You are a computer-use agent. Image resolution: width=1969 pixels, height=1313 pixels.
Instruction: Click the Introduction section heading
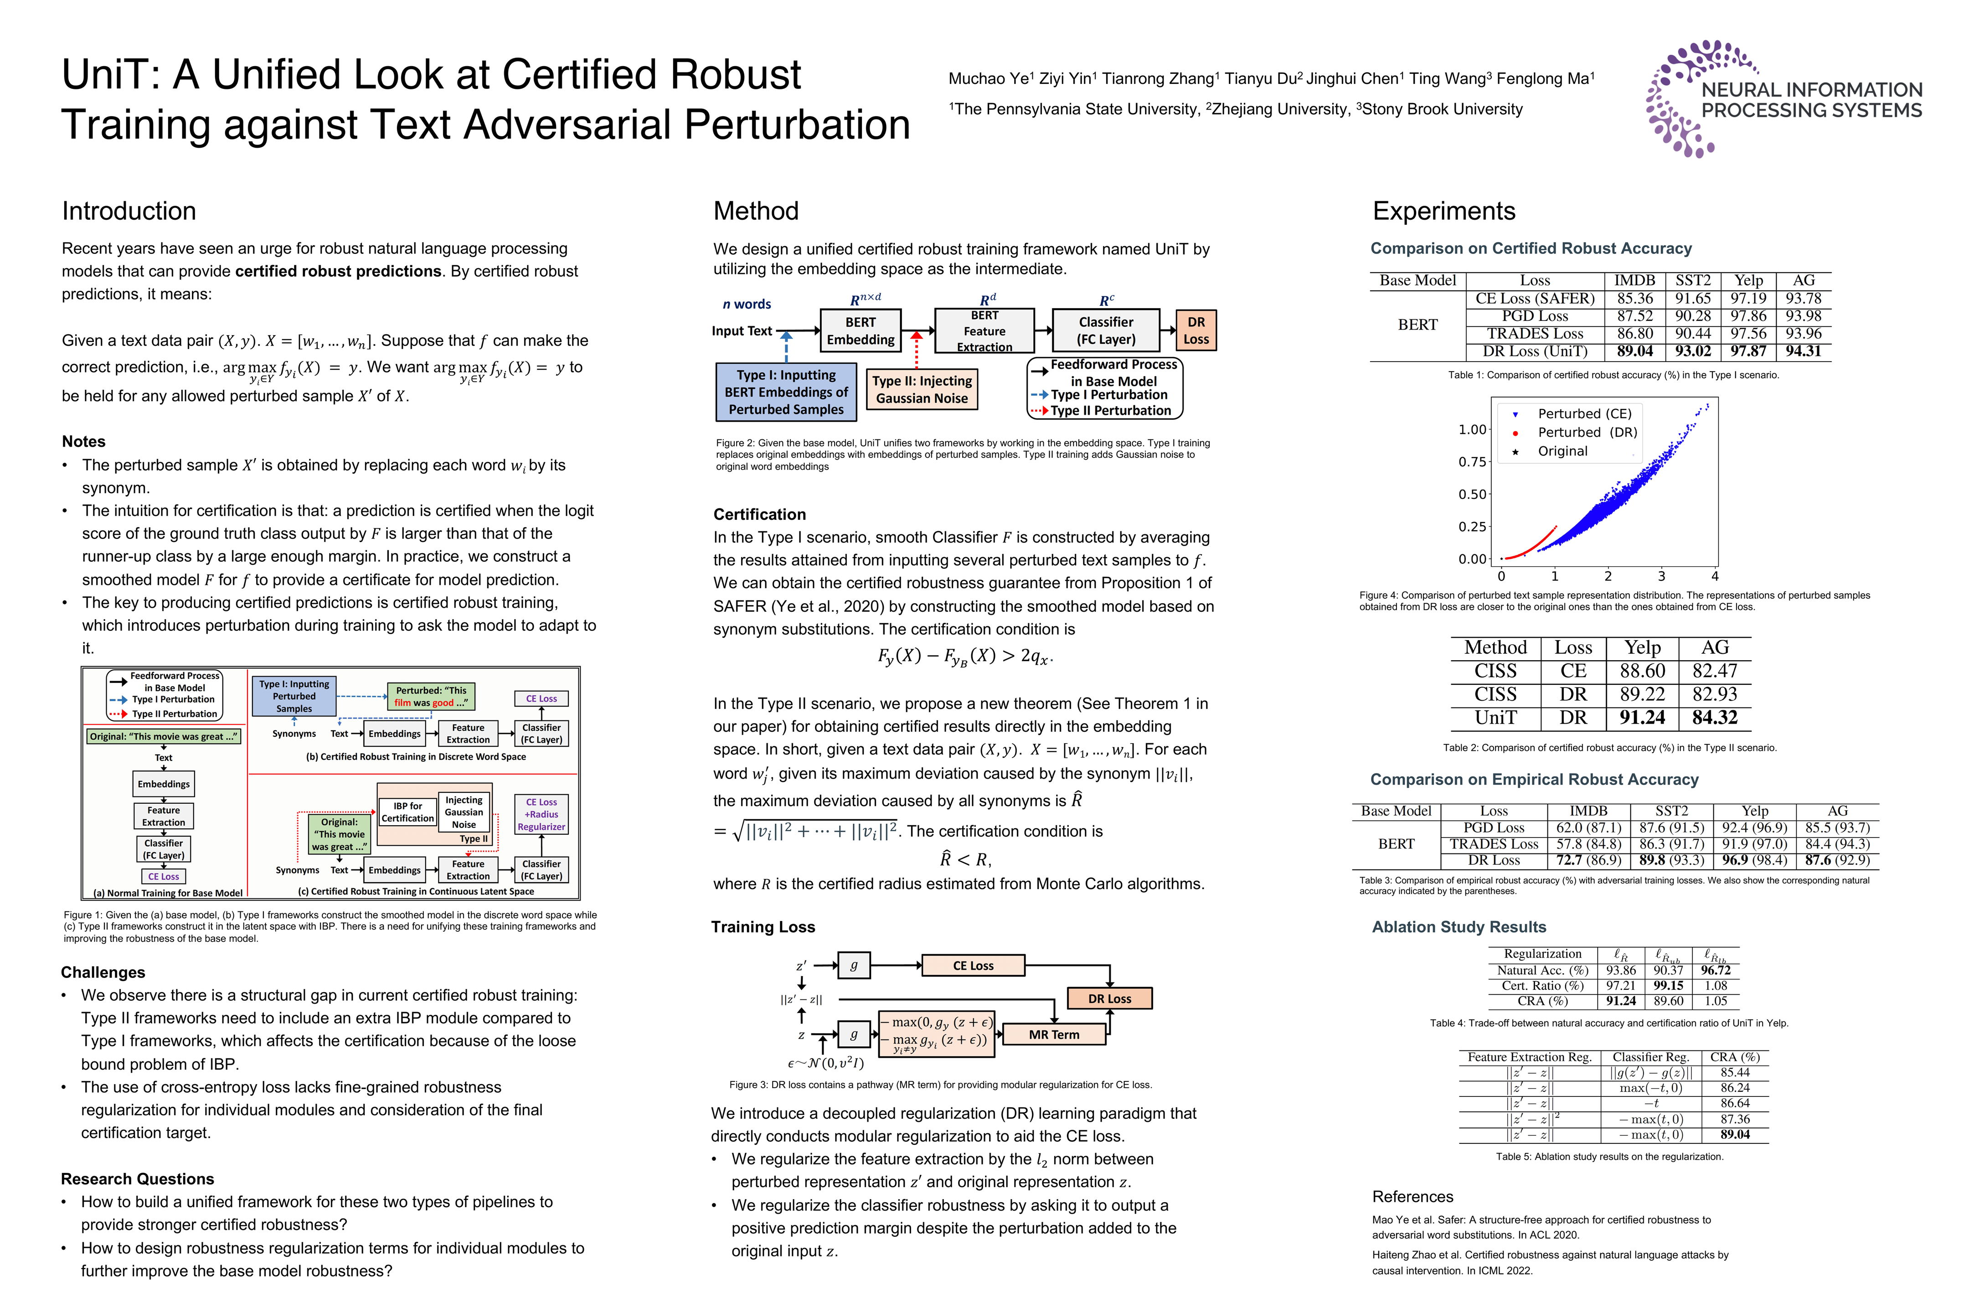tap(129, 211)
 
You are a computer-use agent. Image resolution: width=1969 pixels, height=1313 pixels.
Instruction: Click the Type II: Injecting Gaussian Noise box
tap(922, 389)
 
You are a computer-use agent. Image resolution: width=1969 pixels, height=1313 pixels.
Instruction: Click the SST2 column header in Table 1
tap(1693, 280)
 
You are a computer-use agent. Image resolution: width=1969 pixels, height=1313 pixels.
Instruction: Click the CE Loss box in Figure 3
tap(973, 966)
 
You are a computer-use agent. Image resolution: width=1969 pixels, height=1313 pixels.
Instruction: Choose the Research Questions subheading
tap(137, 1179)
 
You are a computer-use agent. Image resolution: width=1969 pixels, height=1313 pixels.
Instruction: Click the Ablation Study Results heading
tap(1459, 927)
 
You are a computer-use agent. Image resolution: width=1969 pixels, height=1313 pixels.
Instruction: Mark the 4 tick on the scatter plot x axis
tap(1715, 576)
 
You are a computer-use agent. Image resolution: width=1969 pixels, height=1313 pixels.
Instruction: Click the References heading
tap(1412, 1197)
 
